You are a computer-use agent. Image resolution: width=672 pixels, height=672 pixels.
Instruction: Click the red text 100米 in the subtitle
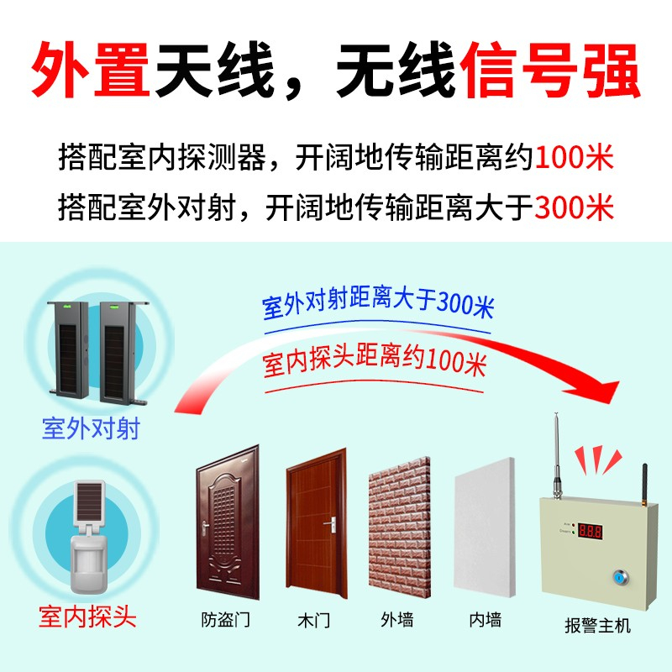click(x=575, y=157)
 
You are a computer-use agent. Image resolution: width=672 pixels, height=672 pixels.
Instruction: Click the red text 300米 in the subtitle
click(x=575, y=207)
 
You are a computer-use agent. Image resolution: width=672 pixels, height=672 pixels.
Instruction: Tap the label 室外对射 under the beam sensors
click(x=92, y=428)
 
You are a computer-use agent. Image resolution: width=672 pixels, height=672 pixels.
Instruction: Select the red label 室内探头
click(x=87, y=617)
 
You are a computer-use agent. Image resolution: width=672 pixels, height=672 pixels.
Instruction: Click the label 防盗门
click(x=225, y=620)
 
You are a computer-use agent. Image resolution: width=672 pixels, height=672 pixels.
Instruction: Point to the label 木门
click(x=313, y=620)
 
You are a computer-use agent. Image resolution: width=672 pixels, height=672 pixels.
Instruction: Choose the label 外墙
click(x=397, y=620)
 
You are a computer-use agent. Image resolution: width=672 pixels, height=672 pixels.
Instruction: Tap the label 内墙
click(x=485, y=620)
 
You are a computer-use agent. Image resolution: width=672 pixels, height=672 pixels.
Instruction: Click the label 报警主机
click(x=598, y=625)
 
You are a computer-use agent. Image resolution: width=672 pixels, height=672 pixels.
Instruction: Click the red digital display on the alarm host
click(x=591, y=531)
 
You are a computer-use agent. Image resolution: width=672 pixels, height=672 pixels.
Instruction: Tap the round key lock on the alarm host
click(x=619, y=577)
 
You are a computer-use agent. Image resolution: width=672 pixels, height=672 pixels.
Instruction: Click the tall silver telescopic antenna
click(x=556, y=456)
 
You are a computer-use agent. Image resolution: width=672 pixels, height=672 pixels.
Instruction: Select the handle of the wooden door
click(x=331, y=524)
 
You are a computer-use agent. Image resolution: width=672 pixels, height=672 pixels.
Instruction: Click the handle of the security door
click(x=206, y=528)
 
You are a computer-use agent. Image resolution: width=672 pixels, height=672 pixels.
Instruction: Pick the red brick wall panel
click(x=400, y=528)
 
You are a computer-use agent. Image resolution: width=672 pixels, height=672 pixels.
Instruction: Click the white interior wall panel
click(x=484, y=528)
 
